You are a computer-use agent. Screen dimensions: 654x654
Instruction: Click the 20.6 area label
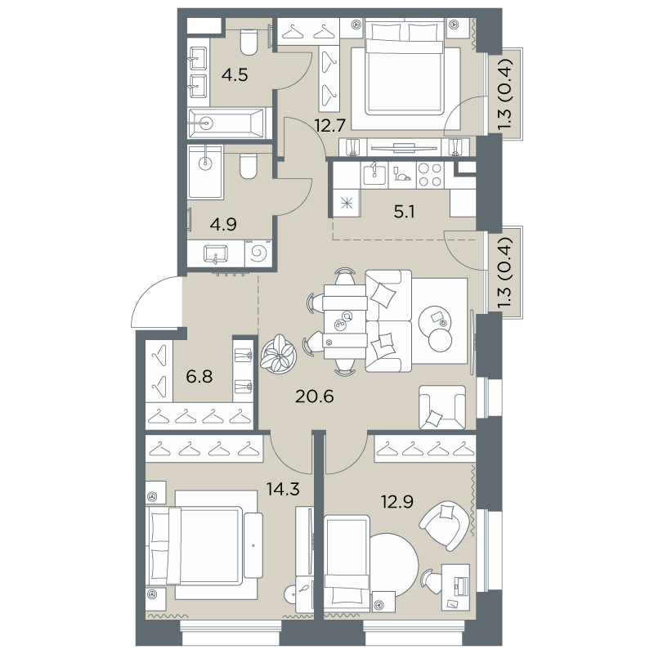315,396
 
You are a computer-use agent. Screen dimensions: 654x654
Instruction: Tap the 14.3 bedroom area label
283,488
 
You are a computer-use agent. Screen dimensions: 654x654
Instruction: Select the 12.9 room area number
397,502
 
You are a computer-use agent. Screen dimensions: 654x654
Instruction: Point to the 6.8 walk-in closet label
199,377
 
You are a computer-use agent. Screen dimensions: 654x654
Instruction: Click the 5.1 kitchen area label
404,212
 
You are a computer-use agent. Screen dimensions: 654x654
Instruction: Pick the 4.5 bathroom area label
235,75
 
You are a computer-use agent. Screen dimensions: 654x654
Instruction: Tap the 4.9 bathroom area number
223,224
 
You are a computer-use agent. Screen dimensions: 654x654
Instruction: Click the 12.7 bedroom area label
330,125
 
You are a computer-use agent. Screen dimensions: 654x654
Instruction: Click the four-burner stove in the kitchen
430,175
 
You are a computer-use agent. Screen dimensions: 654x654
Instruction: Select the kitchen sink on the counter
374,175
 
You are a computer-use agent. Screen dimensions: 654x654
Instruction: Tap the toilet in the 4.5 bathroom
249,43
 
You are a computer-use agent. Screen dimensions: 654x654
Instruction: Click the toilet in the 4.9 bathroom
248,166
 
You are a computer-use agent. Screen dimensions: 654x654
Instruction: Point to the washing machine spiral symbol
258,253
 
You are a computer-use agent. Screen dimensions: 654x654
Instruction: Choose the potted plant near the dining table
279,352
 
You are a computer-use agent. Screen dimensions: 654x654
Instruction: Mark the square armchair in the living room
442,407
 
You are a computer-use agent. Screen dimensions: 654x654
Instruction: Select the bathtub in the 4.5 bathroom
226,123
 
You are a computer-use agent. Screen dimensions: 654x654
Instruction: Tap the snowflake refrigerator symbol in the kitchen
347,204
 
